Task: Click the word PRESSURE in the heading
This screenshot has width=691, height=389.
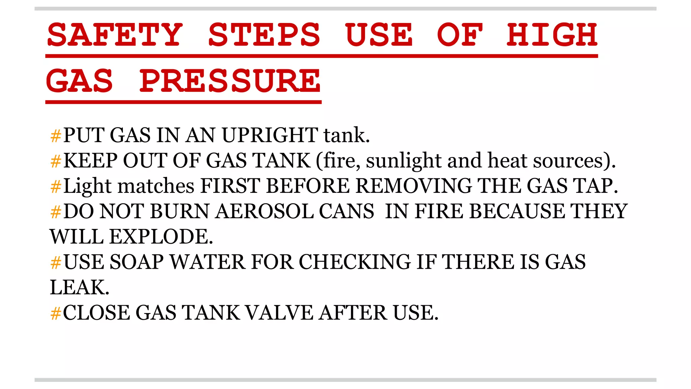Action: [230, 81]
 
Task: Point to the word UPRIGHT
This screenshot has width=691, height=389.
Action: [270, 135]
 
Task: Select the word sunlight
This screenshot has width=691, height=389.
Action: [404, 161]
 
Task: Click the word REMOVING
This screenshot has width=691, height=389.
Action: [414, 186]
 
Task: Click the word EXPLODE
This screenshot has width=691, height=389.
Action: [161, 237]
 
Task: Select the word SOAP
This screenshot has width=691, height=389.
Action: [137, 262]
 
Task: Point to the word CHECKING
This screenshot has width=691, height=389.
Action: [355, 262]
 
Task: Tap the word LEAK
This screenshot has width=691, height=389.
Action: [79, 287]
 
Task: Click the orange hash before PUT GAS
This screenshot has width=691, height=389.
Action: [56, 136]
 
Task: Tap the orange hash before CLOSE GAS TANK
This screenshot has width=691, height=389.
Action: [56, 313]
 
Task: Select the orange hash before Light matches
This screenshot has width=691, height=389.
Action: [56, 187]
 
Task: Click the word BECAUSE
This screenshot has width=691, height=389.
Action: [517, 211]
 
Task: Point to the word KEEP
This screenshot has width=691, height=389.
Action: [90, 161]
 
